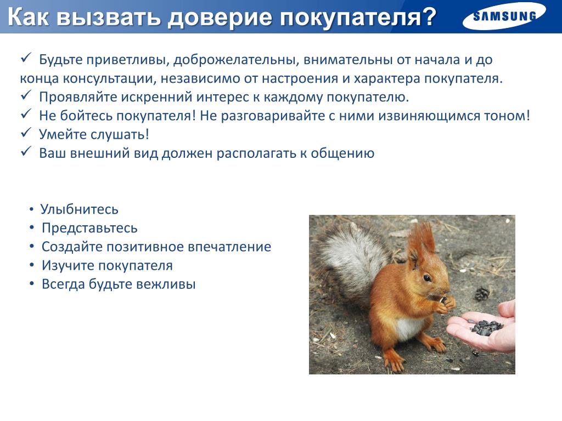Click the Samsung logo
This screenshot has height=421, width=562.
click(x=504, y=16)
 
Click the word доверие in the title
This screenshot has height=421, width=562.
click(x=220, y=16)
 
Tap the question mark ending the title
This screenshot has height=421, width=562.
click(x=426, y=17)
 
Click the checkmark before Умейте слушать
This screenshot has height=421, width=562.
click(x=26, y=133)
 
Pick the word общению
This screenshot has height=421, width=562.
click(x=342, y=153)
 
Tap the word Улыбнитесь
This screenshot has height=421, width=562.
click(x=79, y=209)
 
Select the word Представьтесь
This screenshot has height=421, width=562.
click(x=89, y=228)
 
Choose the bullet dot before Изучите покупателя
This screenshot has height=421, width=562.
click(x=32, y=265)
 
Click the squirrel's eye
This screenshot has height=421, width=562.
click(x=427, y=278)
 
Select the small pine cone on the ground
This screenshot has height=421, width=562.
click(x=482, y=294)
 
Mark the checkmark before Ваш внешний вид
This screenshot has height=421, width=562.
click(x=26, y=151)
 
